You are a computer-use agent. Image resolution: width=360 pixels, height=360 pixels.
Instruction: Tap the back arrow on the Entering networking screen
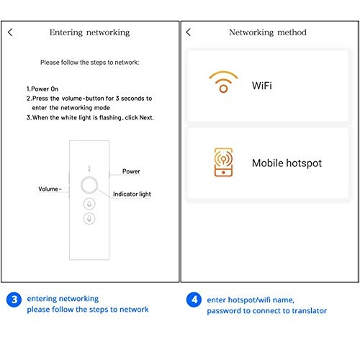click(10, 32)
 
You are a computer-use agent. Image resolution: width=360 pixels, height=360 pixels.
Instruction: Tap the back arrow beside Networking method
click(189, 32)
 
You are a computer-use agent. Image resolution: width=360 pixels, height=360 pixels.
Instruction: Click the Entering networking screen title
click(89, 32)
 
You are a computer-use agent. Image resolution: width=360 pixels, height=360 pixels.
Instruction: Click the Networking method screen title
click(267, 32)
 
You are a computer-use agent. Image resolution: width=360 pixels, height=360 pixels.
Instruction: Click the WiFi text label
click(262, 86)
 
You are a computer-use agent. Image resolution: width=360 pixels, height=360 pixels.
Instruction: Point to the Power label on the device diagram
click(131, 172)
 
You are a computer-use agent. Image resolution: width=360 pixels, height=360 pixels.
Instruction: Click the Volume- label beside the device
click(50, 189)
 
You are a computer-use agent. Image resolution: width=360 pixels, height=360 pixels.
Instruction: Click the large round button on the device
click(89, 184)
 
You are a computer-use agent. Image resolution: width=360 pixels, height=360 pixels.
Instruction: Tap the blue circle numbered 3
click(13, 299)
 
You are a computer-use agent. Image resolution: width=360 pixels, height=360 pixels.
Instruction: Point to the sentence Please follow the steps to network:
click(89, 63)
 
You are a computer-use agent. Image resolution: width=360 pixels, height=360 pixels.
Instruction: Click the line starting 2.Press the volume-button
click(89, 98)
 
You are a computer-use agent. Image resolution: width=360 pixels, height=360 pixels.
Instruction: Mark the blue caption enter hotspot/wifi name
click(251, 299)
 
